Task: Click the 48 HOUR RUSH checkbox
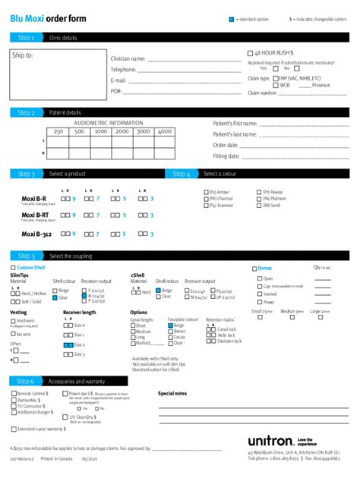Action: point(251,53)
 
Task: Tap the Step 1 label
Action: point(26,37)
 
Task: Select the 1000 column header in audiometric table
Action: point(100,131)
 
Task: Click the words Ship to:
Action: point(23,55)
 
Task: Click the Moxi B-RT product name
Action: point(35,215)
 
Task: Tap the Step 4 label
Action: point(181,174)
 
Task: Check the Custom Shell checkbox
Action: point(12,268)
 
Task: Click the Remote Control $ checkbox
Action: point(13,394)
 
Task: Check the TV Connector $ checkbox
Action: point(13,406)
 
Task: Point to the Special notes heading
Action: point(172,394)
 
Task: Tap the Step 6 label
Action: point(26,381)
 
